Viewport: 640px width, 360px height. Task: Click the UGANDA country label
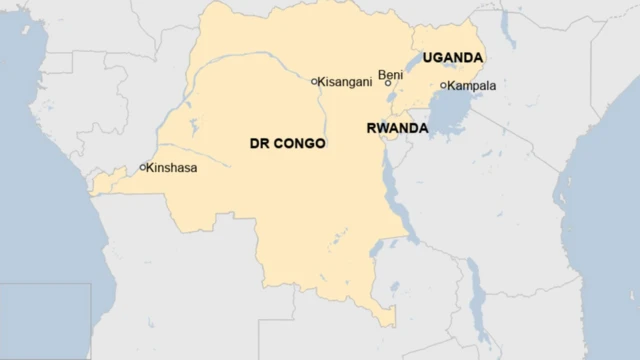coord(452,58)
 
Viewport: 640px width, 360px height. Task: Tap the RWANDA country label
coord(397,129)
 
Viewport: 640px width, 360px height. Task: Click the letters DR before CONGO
coord(258,144)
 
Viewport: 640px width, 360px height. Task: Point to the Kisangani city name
coord(349,81)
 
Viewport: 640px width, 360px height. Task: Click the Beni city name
coord(390,74)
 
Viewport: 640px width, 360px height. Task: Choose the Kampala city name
coord(472,86)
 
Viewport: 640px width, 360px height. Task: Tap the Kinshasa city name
coord(171,168)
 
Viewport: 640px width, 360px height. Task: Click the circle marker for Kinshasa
coord(143,167)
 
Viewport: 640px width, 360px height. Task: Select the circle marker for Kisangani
coord(314,81)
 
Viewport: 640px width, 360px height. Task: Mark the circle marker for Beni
coord(389,84)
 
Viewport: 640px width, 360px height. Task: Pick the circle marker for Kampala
coord(443,85)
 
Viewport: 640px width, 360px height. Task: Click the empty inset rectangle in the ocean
coord(45,320)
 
